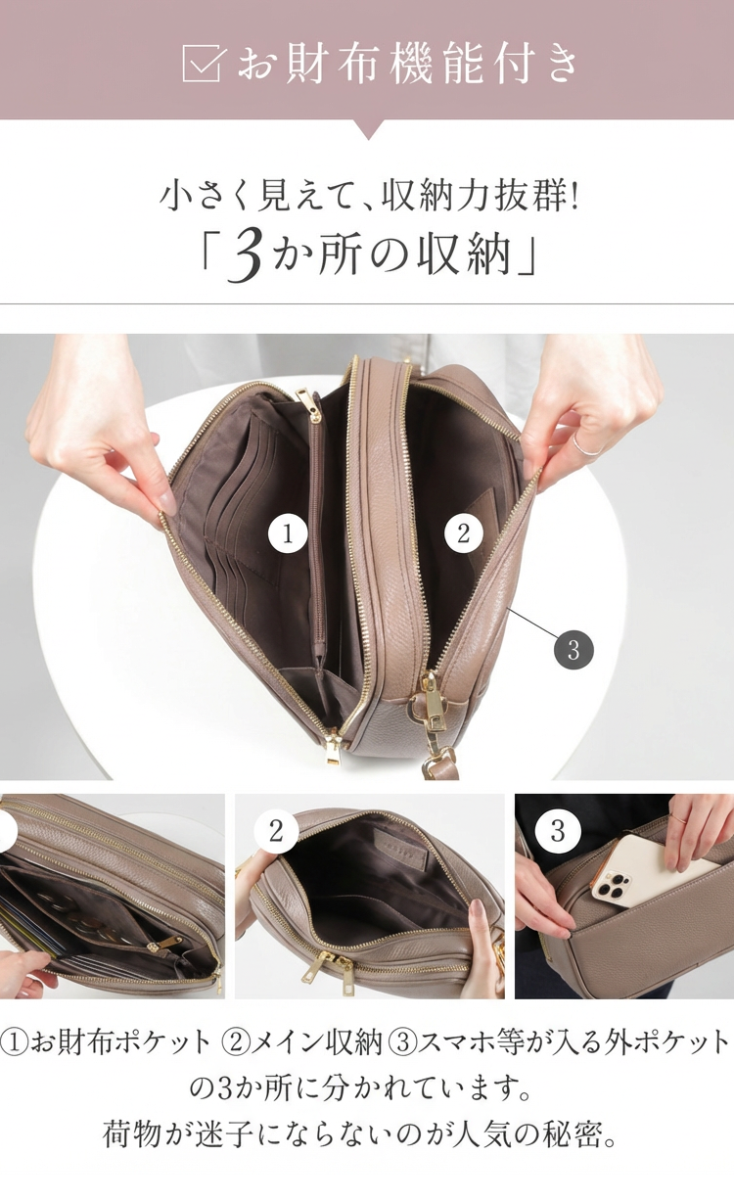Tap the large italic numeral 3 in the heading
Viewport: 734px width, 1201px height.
click(245, 254)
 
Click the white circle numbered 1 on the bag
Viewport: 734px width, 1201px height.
click(288, 534)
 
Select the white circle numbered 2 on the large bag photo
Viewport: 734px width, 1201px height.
click(464, 533)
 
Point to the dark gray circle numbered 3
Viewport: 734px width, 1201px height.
click(573, 650)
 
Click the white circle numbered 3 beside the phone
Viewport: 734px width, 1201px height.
click(558, 832)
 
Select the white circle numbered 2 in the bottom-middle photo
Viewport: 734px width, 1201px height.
click(276, 832)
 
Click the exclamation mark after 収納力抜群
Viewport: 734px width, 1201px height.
click(574, 199)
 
